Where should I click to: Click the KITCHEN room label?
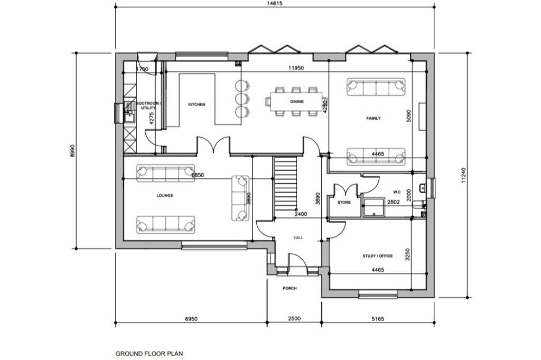click(197, 105)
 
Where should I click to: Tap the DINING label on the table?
click(297, 101)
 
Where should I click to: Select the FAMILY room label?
click(374, 118)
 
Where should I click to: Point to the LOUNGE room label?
click(165, 195)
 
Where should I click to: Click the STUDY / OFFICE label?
click(377, 256)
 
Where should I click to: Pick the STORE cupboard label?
click(344, 202)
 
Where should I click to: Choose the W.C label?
click(398, 192)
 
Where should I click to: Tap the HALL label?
click(299, 238)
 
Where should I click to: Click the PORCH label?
click(290, 288)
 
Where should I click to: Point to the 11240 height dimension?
click(463, 176)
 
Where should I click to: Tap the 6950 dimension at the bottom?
click(191, 319)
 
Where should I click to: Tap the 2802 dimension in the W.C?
click(393, 202)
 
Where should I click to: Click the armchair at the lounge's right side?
click(240, 198)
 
